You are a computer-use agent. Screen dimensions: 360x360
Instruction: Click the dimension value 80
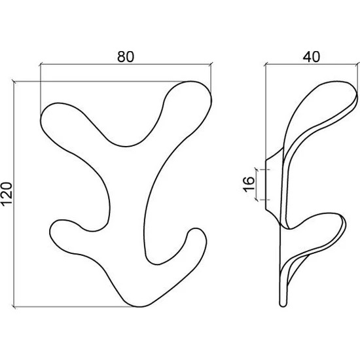coord(126,56)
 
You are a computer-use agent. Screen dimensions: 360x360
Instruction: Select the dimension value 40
coord(311,56)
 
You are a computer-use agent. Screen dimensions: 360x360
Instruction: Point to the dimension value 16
coord(249,185)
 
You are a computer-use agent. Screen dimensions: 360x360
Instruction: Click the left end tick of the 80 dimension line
coord(41,65)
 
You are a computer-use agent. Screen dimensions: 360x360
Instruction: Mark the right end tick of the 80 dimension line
coord(211,65)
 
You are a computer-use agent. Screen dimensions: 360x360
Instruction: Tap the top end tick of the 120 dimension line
coord(14,81)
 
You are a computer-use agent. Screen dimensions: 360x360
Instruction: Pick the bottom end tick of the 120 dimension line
coord(14,306)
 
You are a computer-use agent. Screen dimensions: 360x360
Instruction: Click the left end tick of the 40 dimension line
coord(266,65)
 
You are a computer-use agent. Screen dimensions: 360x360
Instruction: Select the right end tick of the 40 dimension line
coord(357,65)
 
